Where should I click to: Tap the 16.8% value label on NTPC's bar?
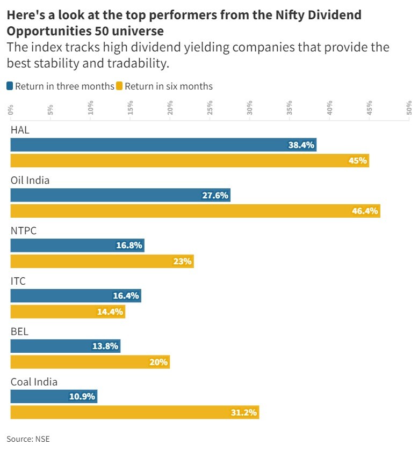pos(129,246)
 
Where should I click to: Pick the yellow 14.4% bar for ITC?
pos(68,311)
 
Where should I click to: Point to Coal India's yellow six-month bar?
pos(135,412)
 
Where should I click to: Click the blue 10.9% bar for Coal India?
pos(54,397)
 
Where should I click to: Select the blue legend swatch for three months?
pos(10,86)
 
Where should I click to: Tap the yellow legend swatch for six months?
pos(120,86)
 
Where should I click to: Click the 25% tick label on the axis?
pos(210,108)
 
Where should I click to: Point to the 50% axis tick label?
pos(409,108)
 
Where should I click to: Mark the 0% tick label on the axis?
pos(11,109)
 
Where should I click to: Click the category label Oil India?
pos(30,180)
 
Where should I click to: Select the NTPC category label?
pos(24,231)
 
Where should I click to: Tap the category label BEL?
pos(19,331)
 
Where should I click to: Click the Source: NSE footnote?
pos(28,439)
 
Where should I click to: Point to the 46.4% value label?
pos(365,211)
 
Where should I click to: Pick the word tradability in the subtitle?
pos(139,63)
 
